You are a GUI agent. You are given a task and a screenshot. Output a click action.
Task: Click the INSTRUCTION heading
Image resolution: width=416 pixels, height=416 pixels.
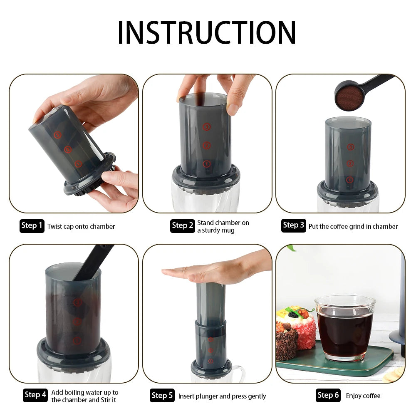[207, 32]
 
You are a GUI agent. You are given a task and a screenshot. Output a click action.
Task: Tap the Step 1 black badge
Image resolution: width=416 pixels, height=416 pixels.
[32, 226]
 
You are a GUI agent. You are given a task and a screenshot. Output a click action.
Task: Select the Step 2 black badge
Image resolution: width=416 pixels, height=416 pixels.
[183, 226]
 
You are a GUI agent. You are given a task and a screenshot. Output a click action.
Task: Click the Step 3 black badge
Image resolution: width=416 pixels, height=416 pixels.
[293, 225]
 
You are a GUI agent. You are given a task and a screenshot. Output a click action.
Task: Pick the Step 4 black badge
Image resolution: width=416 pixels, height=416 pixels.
[35, 395]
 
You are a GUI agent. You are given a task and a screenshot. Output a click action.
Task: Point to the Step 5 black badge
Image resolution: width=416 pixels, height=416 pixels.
[162, 395]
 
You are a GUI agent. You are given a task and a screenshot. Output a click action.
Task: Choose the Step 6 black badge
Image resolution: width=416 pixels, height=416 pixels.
[328, 395]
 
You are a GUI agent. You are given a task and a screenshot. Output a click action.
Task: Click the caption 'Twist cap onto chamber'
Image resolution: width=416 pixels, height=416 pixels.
[81, 227]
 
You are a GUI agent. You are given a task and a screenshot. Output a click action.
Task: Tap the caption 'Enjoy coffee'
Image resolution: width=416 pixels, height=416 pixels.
[363, 396]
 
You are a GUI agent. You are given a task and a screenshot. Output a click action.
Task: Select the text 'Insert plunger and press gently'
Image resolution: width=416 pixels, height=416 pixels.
[222, 396]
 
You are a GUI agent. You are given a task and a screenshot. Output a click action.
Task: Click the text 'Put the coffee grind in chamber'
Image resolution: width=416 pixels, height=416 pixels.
[353, 227]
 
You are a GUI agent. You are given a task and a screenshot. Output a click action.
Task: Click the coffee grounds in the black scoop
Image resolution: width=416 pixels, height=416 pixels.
[349, 97]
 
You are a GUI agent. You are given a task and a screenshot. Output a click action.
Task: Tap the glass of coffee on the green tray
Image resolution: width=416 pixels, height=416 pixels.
[345, 329]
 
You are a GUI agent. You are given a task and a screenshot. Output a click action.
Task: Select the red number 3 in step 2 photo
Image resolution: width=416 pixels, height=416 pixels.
[207, 127]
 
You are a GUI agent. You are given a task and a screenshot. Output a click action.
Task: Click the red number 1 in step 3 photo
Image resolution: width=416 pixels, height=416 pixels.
[350, 180]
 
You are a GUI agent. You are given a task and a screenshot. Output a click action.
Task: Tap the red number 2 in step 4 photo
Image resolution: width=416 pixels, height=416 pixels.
[77, 322]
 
